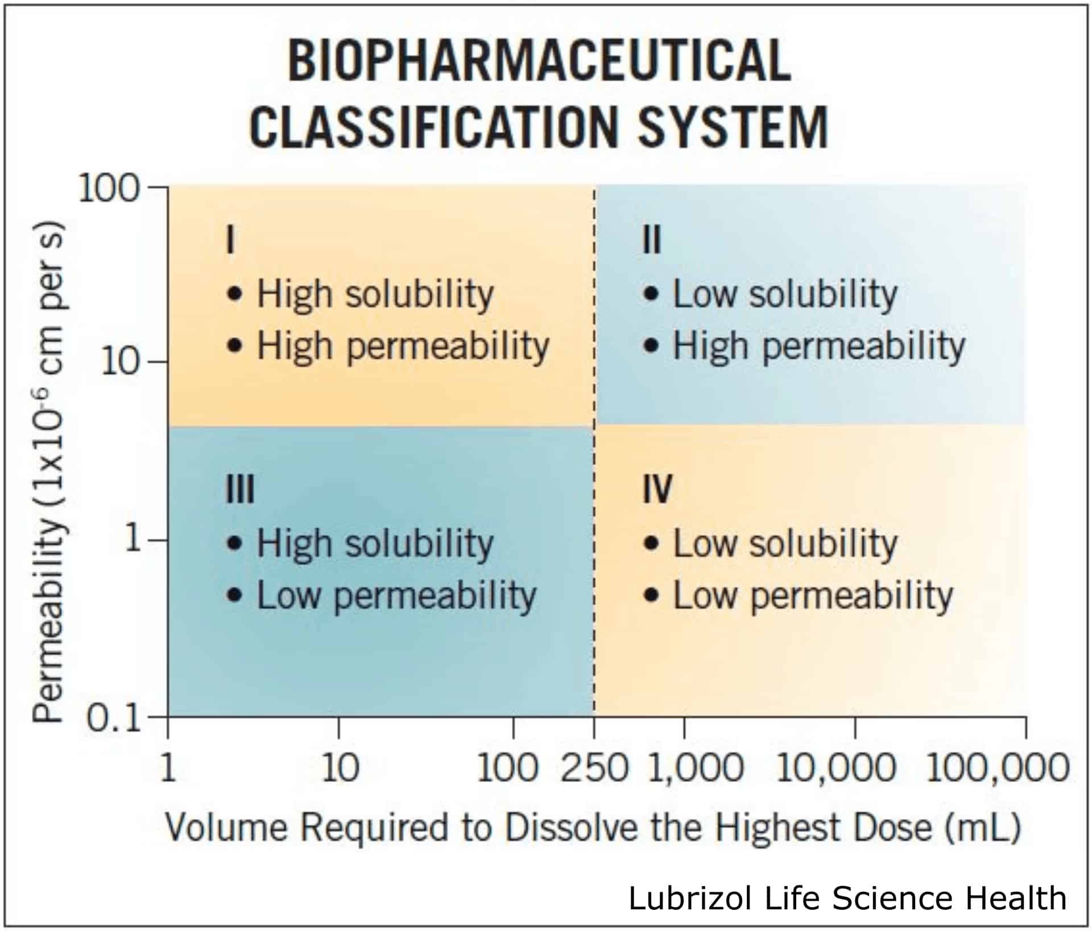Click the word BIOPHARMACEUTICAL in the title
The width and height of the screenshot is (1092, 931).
point(539,61)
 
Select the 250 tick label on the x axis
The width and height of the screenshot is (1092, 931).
point(594,767)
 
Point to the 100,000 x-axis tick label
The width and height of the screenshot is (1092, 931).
point(998,767)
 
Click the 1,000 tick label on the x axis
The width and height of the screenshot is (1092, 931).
point(695,767)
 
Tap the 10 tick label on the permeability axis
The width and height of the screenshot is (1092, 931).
point(120,362)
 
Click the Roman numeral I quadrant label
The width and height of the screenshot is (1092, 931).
point(230,240)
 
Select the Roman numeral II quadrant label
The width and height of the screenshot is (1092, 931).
point(652,240)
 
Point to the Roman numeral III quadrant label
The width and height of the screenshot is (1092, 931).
point(240,490)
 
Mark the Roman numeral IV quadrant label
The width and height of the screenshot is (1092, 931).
point(657,490)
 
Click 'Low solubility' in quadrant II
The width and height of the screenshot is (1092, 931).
point(785,295)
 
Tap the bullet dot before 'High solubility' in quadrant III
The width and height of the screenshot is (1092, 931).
point(234,544)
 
